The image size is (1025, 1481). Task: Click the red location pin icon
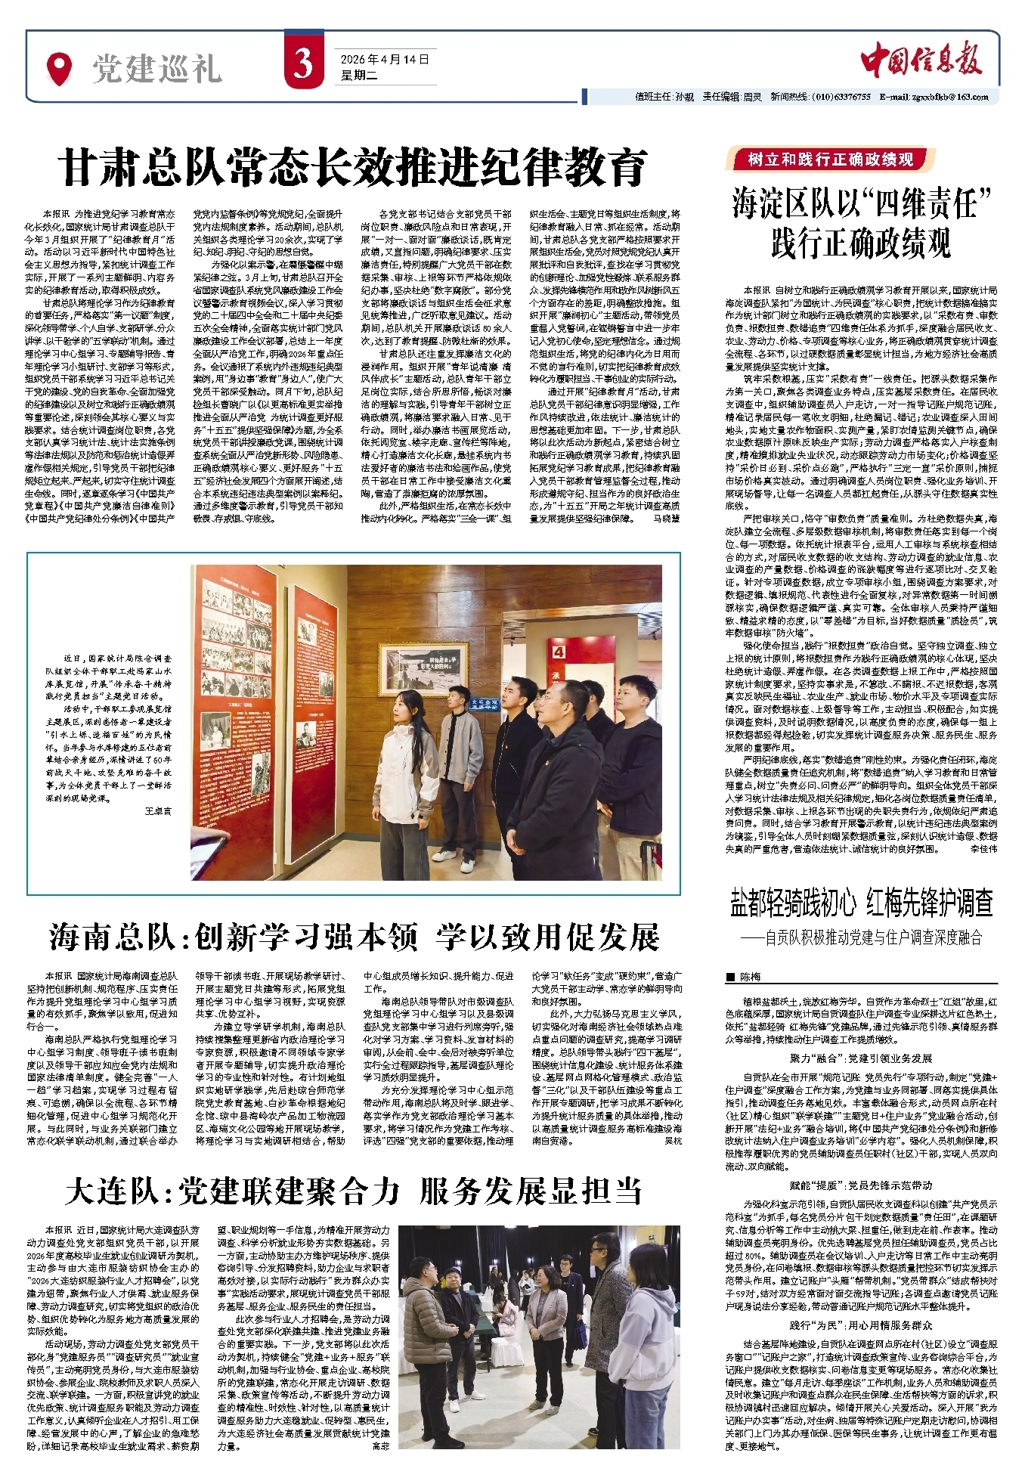(x=58, y=68)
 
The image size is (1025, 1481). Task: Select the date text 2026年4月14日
(x=385, y=60)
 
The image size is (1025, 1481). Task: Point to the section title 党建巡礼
(x=156, y=70)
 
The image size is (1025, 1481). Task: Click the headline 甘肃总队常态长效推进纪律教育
(x=353, y=167)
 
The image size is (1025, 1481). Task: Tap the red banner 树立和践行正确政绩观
(x=829, y=159)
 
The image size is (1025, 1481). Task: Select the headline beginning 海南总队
(x=353, y=937)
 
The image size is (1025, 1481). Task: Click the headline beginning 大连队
(x=353, y=1193)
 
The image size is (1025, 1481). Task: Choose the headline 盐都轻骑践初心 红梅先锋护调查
(x=861, y=903)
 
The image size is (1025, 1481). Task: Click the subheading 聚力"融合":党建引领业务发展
(x=861, y=1059)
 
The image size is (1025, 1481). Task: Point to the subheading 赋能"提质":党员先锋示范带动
(x=861, y=1185)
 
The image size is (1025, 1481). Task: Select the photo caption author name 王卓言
(x=157, y=810)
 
